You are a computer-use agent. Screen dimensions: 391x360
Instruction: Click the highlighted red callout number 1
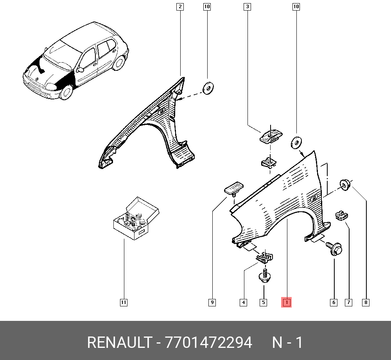tap(286, 302)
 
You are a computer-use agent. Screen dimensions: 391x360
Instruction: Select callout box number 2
tap(180, 7)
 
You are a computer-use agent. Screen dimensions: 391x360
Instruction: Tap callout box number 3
tap(247, 7)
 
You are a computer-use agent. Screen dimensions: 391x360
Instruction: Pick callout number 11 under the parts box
tap(124, 302)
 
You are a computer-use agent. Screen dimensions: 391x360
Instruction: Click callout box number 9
tap(212, 302)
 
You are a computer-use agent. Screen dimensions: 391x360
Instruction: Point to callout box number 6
tap(334, 302)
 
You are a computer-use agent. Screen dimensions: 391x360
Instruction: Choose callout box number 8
tap(366, 302)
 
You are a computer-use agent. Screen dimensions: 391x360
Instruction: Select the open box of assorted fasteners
tap(136, 218)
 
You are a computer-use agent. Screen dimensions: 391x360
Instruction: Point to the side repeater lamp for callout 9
tap(234, 187)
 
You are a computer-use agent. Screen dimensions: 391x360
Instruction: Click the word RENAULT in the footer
tap(119, 342)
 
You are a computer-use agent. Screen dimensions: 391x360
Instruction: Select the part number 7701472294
tap(208, 342)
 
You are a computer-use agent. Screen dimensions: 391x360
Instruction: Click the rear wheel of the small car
tap(119, 63)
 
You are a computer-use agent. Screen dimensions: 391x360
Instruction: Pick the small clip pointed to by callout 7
tap(341, 216)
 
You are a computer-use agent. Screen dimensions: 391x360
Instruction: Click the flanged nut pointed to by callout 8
tap(345, 185)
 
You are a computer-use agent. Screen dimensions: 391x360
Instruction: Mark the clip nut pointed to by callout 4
tap(265, 257)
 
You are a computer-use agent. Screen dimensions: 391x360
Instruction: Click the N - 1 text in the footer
tap(287, 342)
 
